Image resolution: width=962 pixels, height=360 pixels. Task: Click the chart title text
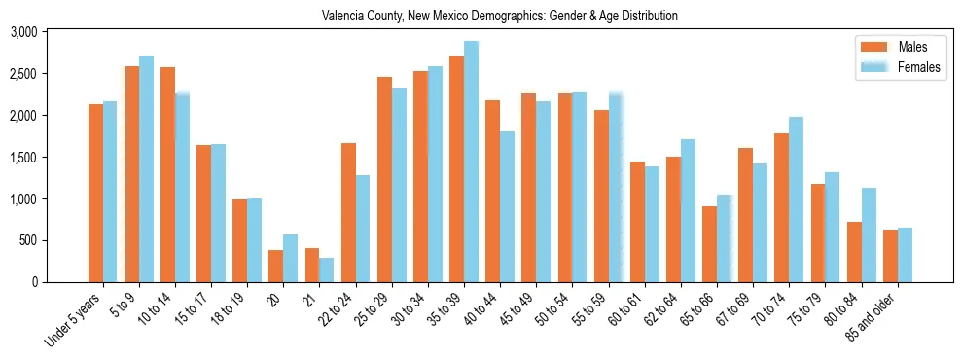[499, 17]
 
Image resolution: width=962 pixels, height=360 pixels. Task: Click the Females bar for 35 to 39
[471, 162]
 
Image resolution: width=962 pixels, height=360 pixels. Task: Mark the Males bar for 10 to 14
[167, 174]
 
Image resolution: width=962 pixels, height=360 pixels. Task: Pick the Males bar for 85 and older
[890, 256]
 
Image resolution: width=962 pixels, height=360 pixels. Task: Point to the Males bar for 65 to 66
[709, 244]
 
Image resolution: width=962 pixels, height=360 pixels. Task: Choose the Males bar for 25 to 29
[384, 179]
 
